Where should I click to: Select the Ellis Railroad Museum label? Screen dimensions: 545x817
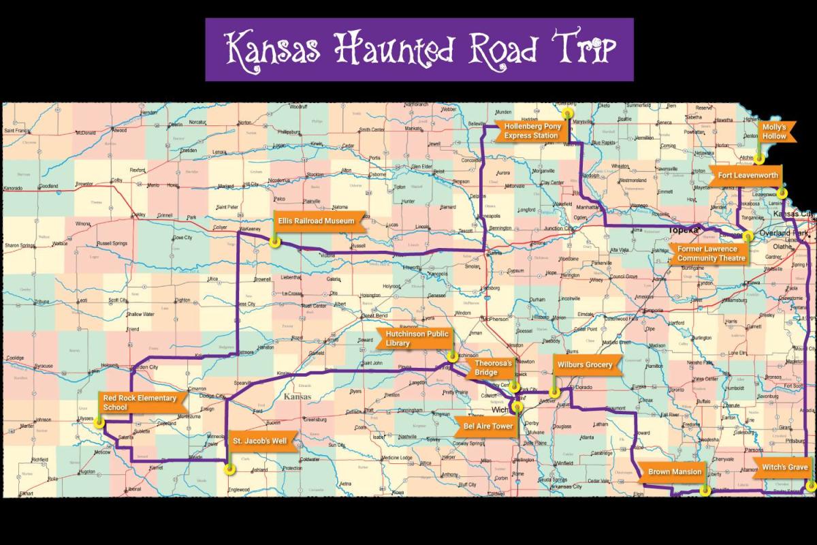316,221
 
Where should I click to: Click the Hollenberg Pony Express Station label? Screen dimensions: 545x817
530,131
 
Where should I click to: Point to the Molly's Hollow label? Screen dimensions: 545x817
774,131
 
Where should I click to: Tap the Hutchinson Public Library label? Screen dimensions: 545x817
417,339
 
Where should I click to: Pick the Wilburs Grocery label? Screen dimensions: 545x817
585,364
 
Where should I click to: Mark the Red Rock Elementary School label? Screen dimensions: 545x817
139,403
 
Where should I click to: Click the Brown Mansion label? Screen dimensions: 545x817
674,471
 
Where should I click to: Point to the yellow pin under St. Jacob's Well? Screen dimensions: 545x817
229,468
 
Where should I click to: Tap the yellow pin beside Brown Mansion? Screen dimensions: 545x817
706,489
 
